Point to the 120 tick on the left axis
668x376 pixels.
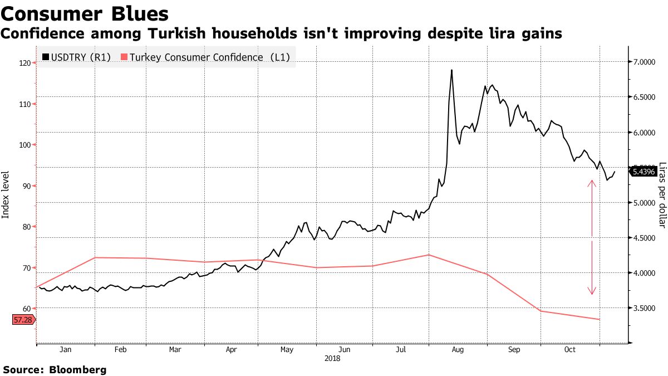[24, 63]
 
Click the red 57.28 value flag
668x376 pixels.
[23, 320]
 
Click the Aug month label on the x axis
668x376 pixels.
[458, 350]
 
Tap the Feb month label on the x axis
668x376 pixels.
[120, 350]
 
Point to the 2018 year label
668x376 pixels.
[332, 358]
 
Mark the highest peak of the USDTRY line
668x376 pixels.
[451, 70]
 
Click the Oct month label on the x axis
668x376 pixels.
[569, 350]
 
